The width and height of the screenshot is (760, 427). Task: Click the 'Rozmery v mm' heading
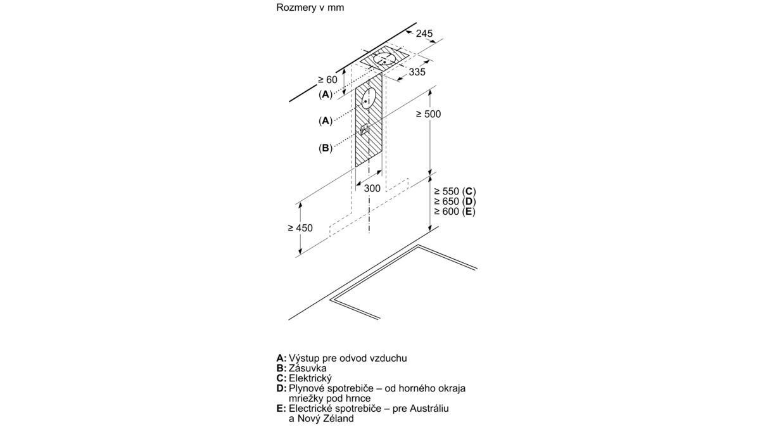click(x=310, y=8)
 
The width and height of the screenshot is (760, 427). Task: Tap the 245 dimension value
click(x=424, y=34)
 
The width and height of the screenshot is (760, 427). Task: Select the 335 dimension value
click(x=417, y=72)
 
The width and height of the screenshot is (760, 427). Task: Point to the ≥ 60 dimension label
click(x=327, y=79)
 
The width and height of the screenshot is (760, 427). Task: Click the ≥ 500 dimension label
click(x=429, y=114)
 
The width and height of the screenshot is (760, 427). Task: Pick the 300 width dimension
click(x=372, y=188)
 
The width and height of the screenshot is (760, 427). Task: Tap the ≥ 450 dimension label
click(x=300, y=228)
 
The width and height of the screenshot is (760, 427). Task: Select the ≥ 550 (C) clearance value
click(x=455, y=191)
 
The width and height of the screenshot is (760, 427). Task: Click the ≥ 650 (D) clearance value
click(x=455, y=201)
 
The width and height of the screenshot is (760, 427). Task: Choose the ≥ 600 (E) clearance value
click(x=454, y=212)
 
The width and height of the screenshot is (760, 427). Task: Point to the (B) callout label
click(x=325, y=148)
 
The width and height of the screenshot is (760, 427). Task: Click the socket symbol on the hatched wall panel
click(x=364, y=130)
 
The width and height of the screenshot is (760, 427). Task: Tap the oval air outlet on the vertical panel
click(x=368, y=99)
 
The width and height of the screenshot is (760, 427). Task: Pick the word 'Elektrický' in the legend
click(x=310, y=378)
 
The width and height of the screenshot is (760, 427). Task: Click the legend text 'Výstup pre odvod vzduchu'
click(x=348, y=358)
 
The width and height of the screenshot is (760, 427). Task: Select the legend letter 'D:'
click(x=282, y=388)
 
